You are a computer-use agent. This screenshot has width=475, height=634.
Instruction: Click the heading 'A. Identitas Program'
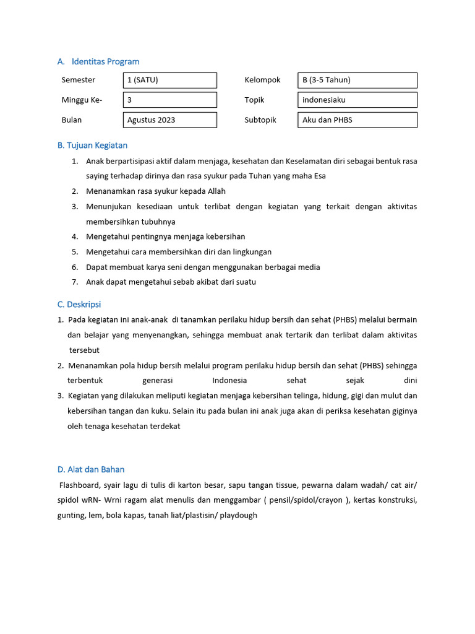[98, 61]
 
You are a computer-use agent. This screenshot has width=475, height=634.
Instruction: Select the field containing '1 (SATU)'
[170, 80]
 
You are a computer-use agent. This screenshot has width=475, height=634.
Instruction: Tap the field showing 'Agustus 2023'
[170, 120]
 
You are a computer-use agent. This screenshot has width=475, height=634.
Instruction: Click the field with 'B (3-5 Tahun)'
[357, 80]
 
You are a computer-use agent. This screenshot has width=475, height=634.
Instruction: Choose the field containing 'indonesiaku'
[357, 100]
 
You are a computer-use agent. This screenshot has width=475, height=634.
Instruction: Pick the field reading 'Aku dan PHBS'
[357, 120]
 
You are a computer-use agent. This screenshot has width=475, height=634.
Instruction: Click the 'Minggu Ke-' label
[82, 100]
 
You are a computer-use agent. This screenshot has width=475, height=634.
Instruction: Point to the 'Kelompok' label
[262, 80]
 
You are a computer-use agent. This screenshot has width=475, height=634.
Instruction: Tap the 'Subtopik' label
[260, 120]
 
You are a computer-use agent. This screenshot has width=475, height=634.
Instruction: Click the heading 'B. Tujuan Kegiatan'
[92, 145]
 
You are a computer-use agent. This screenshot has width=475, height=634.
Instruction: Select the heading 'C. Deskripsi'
[79, 305]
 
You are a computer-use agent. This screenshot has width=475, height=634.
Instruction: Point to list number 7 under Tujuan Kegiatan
[74, 282]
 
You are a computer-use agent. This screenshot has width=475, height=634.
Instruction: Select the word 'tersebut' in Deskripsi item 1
[84, 350]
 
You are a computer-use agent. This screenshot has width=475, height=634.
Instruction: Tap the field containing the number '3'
[170, 100]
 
